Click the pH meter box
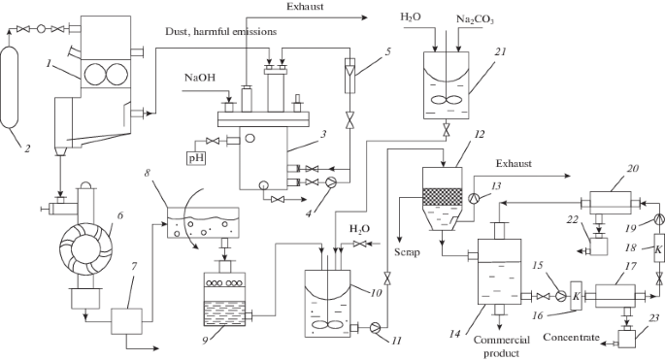196,158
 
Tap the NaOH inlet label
199,78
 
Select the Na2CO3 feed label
475,19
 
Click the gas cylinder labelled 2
9,87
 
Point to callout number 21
500,51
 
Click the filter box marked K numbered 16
577,296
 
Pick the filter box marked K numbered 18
658,249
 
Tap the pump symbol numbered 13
474,198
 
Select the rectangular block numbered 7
126,321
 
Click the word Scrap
407,252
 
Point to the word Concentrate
571,337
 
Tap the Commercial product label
502,346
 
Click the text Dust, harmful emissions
221,32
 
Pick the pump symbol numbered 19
658,218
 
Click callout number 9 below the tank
206,340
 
